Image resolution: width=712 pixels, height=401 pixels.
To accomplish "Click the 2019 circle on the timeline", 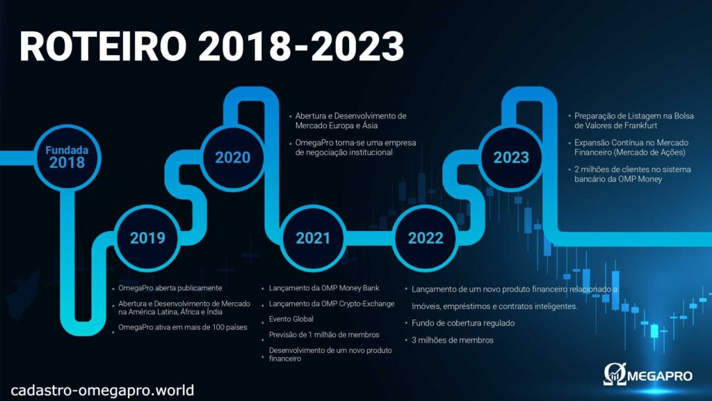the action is coord(147,238).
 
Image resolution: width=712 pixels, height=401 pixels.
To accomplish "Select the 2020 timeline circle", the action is coord(232,158).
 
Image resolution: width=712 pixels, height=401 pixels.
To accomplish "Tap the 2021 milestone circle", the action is coord(313,238).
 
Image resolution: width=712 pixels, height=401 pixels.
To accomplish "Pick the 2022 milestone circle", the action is coord(426,238).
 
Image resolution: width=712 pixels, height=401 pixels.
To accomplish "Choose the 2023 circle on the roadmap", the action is coord(511,158).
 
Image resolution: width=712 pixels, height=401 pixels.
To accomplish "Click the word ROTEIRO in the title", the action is coord(104,47).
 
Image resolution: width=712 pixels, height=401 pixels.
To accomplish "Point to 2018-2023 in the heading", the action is coord(301,47).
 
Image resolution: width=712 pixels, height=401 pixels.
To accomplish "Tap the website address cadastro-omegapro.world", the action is coord(102,390).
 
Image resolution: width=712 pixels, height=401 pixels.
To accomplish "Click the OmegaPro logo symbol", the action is coord(615,374).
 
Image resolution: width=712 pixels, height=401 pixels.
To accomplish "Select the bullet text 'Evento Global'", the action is coord(291,319).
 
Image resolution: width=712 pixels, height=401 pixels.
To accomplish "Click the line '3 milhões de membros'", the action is coord(452,340).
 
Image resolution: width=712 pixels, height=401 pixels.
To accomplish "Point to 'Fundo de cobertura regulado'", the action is coord(463,323).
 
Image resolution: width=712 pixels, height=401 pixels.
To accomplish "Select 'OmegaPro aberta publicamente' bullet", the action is coord(170,288).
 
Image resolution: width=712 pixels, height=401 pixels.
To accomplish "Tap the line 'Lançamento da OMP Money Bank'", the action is coord(324,288).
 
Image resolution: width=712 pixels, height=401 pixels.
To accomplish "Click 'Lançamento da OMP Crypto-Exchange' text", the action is coord(332,304).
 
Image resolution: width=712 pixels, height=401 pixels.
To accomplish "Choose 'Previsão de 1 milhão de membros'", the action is coord(324,335).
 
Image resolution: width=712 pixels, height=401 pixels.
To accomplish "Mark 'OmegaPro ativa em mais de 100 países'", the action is coord(183,327).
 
